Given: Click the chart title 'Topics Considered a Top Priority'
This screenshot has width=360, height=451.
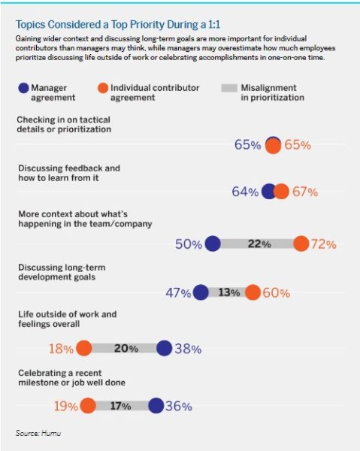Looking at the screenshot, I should click(95, 23).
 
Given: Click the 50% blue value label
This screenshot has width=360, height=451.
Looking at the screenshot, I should click(189, 244).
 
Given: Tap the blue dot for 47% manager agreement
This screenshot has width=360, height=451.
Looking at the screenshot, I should click(201, 293).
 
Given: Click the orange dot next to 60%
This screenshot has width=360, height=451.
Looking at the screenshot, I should click(253, 293).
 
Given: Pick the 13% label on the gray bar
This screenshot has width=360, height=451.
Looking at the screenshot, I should click(228, 293).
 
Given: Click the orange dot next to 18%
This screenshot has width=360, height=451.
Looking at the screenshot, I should click(83, 348).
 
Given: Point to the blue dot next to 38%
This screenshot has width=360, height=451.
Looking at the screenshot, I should click(165, 348).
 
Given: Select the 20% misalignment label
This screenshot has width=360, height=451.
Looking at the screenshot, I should click(125, 348).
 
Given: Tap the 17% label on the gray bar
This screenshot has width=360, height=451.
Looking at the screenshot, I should click(120, 406).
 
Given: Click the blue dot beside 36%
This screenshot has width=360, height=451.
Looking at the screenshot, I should click(156, 406).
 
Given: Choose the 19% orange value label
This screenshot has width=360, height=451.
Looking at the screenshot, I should click(66, 406).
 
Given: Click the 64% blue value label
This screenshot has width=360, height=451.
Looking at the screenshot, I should click(245, 192).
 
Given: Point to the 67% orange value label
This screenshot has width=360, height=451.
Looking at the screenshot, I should click(305, 192).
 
